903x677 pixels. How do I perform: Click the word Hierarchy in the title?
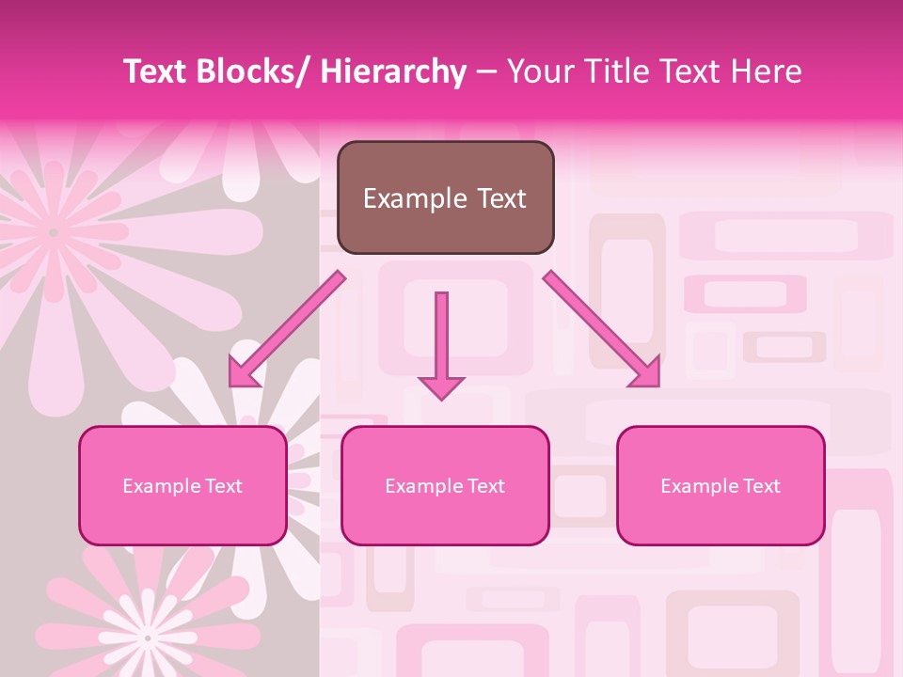coord(393,72)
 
